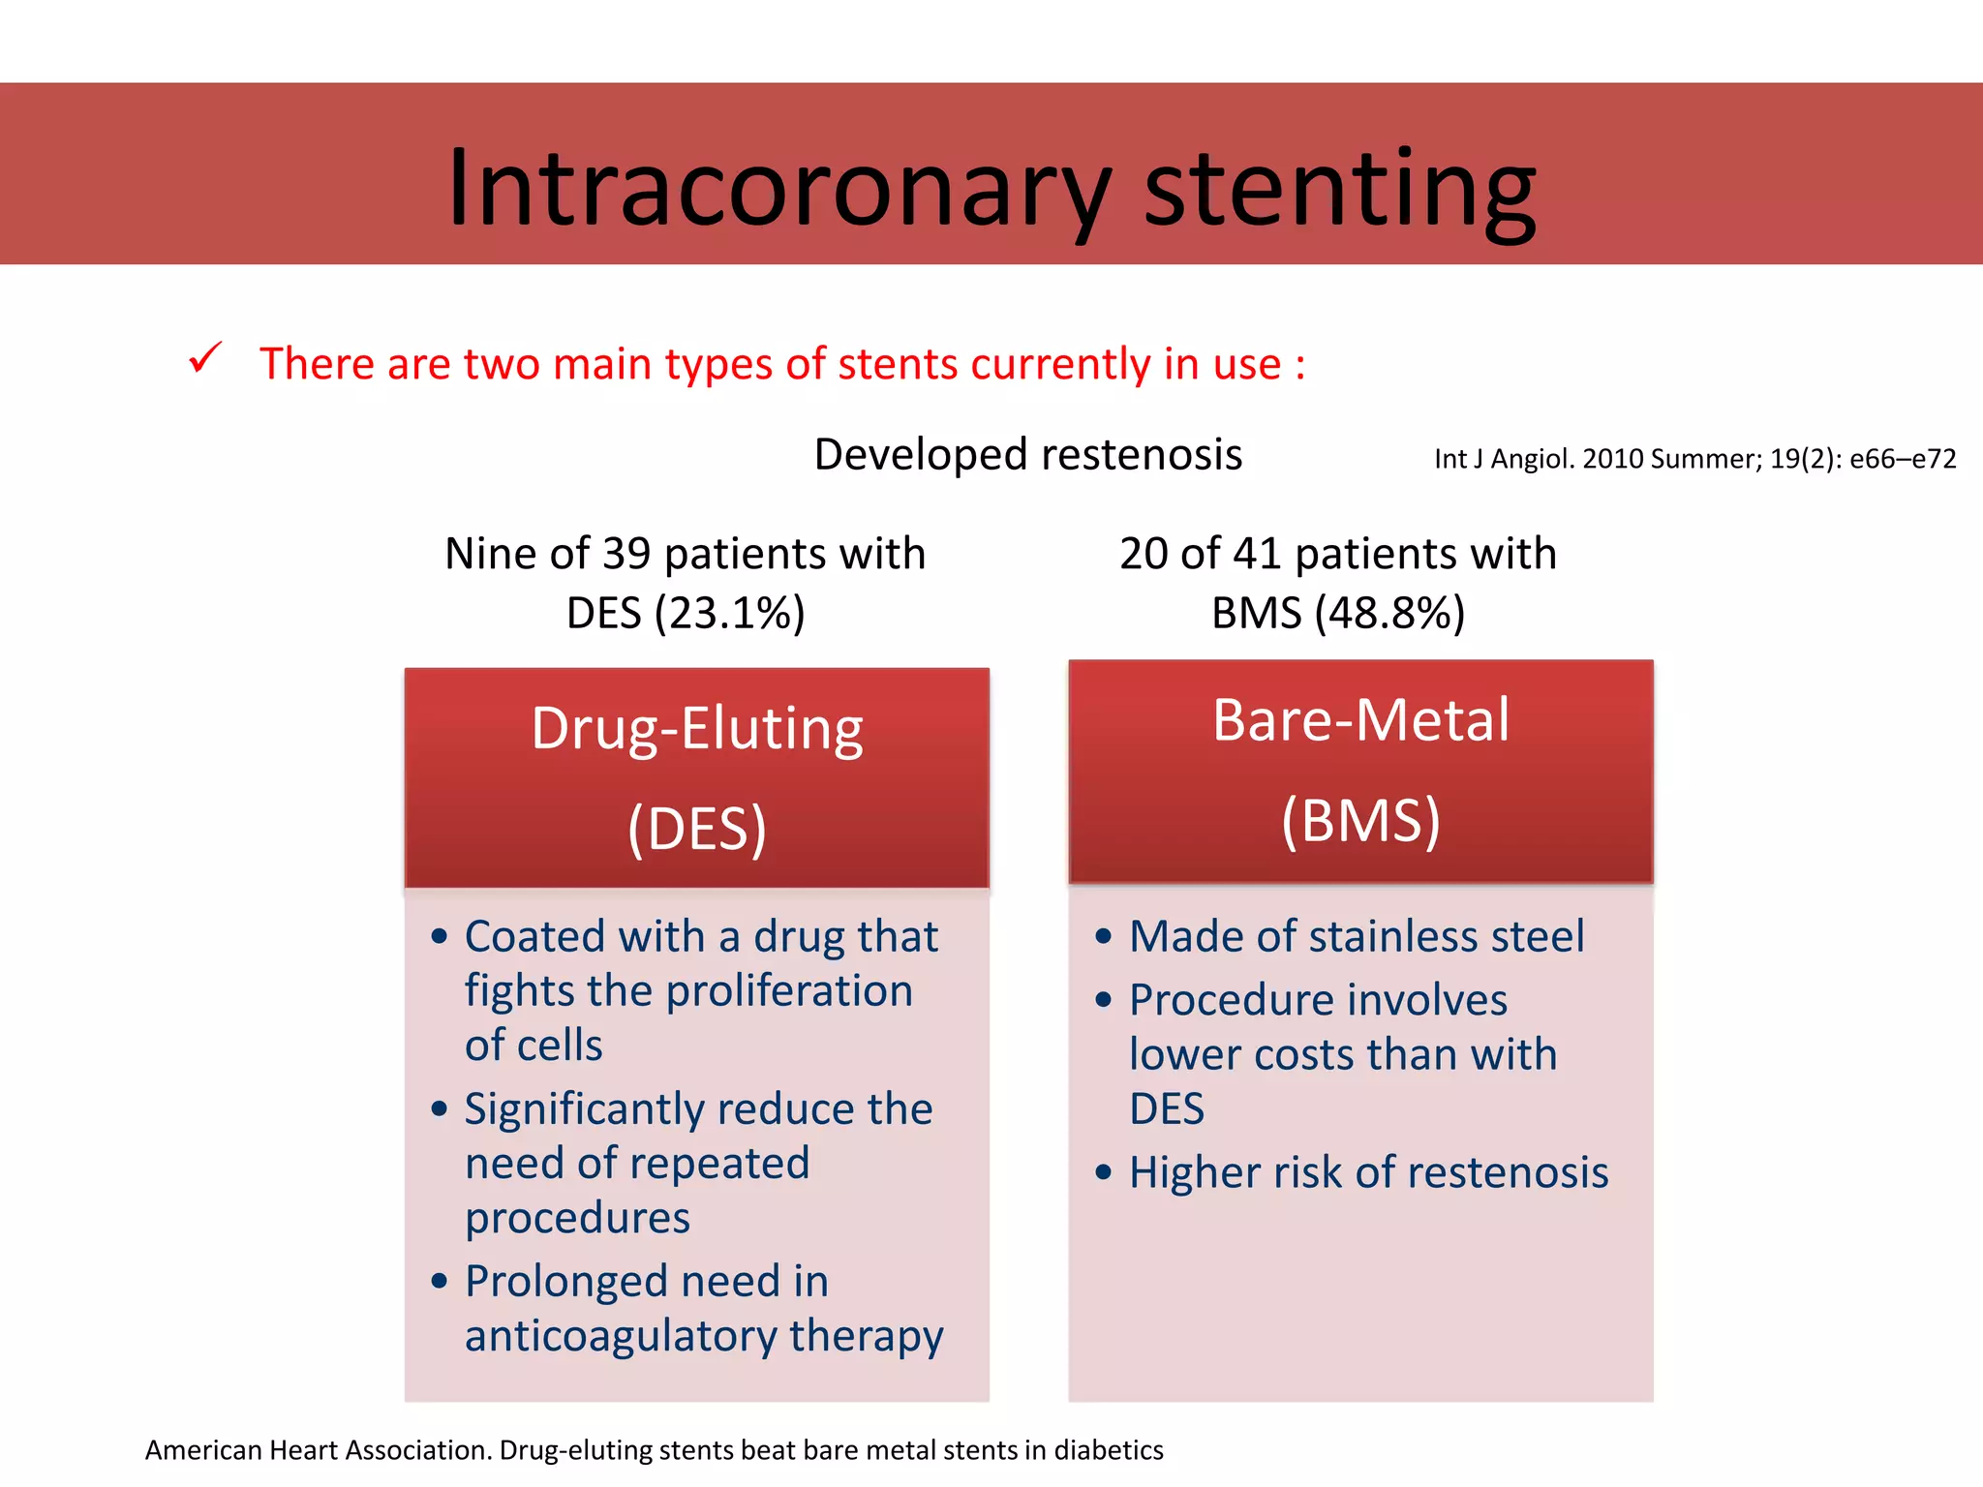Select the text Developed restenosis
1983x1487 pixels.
click(1027, 455)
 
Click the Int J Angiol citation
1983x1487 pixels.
click(1694, 459)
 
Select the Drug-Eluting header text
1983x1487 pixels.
click(696, 729)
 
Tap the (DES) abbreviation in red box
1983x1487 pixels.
click(696, 830)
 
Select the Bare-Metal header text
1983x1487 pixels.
click(1360, 720)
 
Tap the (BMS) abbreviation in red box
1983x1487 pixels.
click(1360, 822)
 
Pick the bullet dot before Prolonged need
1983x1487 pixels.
click(440, 1282)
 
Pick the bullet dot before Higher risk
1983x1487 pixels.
click(1104, 1173)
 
